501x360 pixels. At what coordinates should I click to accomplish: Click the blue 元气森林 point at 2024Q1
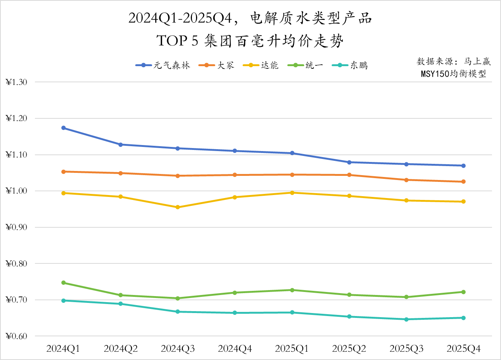(63, 128)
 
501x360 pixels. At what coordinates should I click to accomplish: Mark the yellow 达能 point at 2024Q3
(178, 207)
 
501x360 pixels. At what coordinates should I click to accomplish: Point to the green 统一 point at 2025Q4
(463, 292)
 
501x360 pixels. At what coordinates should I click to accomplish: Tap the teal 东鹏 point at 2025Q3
(406, 319)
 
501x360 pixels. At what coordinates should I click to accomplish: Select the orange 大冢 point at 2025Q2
(349, 175)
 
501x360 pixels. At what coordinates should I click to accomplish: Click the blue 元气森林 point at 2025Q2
(349, 162)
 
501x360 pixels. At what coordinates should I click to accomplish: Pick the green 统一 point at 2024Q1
(63, 283)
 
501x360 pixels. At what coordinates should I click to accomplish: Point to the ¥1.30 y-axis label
(17, 82)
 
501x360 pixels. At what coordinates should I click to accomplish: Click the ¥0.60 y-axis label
(17, 336)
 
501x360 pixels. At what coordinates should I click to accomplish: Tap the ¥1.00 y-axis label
(17, 191)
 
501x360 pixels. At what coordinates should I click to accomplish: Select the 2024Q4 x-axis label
(235, 349)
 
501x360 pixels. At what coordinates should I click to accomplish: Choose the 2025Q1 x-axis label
(292, 349)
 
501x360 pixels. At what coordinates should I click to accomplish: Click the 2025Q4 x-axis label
(463, 349)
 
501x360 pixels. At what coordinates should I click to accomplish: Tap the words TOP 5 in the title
(177, 41)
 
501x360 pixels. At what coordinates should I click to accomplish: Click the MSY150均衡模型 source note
(453, 74)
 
